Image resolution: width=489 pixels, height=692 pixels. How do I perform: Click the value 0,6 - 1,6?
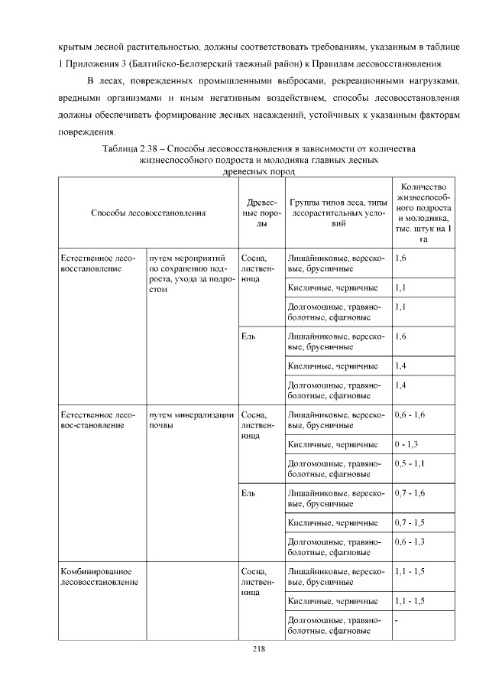[x=410, y=416]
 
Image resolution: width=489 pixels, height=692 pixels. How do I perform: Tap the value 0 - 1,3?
[x=406, y=444]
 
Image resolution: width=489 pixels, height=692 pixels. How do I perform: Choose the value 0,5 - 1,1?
[x=410, y=464]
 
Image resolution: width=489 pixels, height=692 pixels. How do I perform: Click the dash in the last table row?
[x=397, y=620]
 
